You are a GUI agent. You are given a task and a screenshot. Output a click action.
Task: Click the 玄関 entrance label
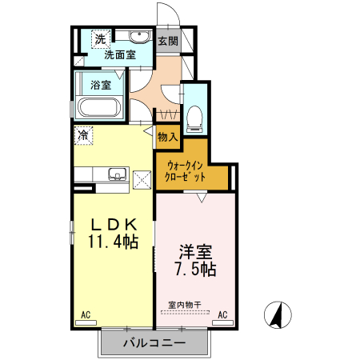pyautogui.click(x=167, y=40)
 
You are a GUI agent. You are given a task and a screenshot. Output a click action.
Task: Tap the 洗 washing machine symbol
pyautogui.click(x=100, y=38)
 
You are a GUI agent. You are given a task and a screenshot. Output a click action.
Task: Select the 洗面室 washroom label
pyautogui.click(x=114, y=55)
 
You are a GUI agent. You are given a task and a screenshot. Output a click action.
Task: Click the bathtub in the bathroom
pyautogui.click(x=98, y=108)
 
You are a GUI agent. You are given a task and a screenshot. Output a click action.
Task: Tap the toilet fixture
pyautogui.click(x=194, y=118)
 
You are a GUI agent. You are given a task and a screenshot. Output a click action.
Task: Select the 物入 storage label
pyautogui.click(x=167, y=138)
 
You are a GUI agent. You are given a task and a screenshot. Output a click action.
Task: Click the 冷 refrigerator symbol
pyautogui.click(x=83, y=136)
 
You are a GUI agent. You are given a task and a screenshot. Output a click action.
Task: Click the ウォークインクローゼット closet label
pyautogui.click(x=186, y=171)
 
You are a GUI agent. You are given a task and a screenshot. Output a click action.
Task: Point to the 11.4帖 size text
pyautogui.click(x=113, y=242)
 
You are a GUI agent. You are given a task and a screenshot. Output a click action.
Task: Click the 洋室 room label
pyautogui.click(x=195, y=251)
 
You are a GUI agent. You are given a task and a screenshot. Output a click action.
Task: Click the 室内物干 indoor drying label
pyautogui.click(x=184, y=304)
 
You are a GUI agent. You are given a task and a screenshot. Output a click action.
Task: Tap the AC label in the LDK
pyautogui.click(x=86, y=316)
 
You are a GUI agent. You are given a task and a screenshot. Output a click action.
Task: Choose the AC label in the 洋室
pyautogui.click(x=223, y=315)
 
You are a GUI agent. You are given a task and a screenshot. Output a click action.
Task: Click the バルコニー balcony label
pyautogui.click(x=154, y=342)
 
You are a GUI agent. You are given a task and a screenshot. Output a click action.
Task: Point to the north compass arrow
pyautogui.click(x=277, y=315)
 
